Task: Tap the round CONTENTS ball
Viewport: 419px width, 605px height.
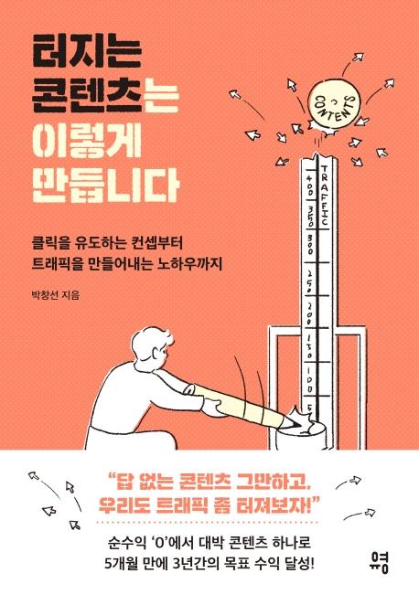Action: [334, 105]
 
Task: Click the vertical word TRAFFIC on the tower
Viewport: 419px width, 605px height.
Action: [324, 196]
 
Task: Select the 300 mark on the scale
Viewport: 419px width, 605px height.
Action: [310, 243]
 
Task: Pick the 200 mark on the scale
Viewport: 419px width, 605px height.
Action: [310, 312]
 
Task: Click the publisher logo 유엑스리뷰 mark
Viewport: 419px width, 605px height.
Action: [379, 560]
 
